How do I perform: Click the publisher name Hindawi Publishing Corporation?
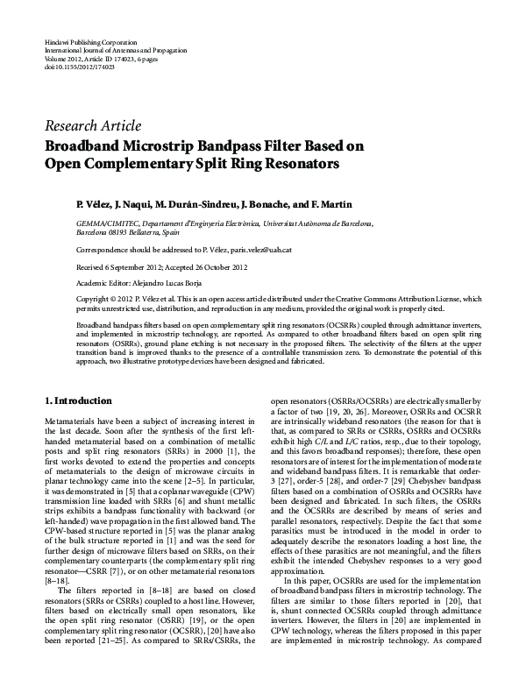tap(89, 42)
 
